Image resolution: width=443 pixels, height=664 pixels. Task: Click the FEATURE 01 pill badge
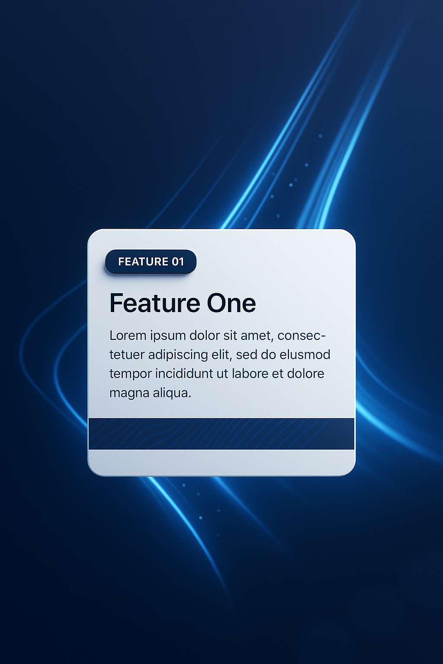pyautogui.click(x=151, y=262)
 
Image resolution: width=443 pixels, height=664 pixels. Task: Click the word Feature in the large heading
pyautogui.click(x=155, y=303)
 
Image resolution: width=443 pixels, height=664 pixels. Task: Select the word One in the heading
pyautogui.click(x=231, y=303)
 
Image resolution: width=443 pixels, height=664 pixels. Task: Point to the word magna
pyautogui.click(x=129, y=394)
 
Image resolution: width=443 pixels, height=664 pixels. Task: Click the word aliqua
pyautogui.click(x=172, y=393)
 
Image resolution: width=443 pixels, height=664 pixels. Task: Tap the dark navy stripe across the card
pyautogui.click(x=221, y=434)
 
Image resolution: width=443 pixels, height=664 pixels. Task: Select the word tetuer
pyautogui.click(x=127, y=355)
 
